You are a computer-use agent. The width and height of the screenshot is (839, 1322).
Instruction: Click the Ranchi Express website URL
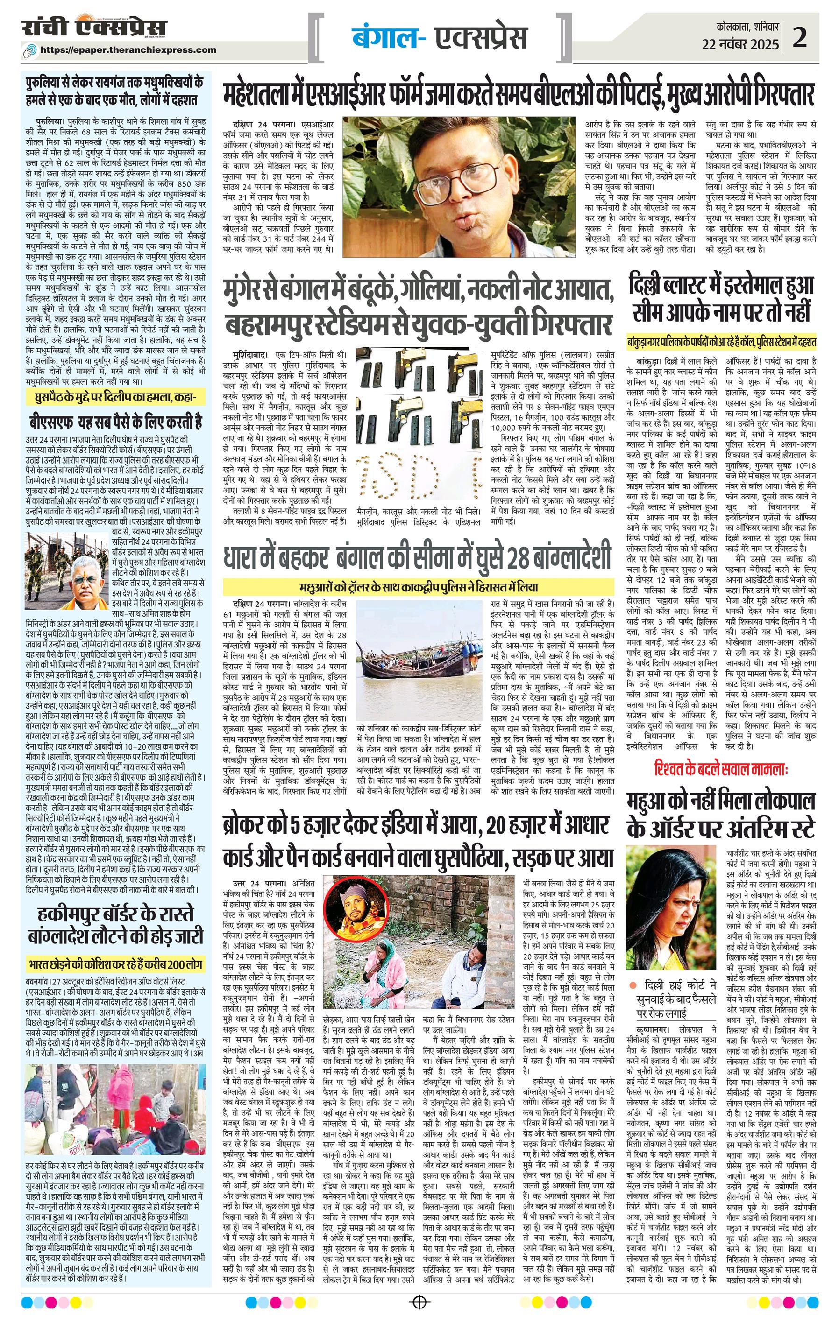(x=128, y=50)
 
